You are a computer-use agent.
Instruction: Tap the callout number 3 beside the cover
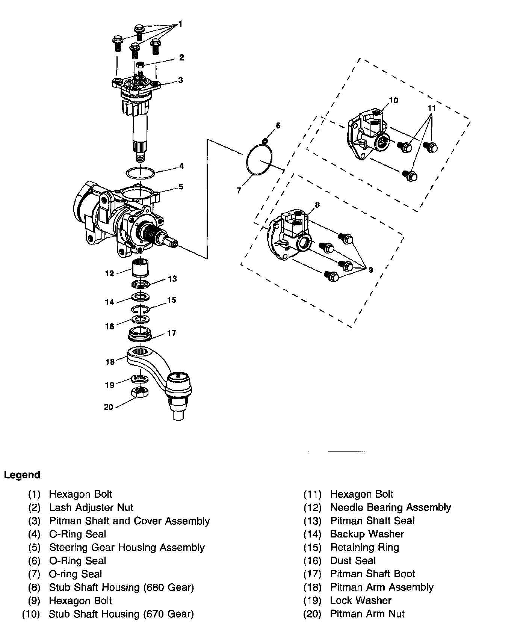(x=181, y=80)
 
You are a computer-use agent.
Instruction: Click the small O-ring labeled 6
(x=265, y=141)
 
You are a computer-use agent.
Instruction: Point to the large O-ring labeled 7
(x=259, y=160)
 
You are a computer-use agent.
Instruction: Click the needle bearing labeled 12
(x=141, y=267)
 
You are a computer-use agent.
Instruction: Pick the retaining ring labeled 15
(x=141, y=309)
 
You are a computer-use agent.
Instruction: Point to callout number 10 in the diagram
(x=393, y=101)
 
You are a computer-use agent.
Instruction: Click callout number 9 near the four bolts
(x=371, y=270)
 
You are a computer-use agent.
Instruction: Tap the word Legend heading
(x=22, y=475)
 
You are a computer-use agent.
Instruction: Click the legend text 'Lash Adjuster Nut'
(x=91, y=508)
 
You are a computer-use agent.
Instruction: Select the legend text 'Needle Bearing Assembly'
(x=390, y=508)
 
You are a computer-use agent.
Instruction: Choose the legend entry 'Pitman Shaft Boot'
(x=372, y=574)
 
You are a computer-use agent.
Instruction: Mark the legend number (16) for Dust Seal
(x=313, y=561)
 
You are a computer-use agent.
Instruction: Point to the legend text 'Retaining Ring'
(x=364, y=547)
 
